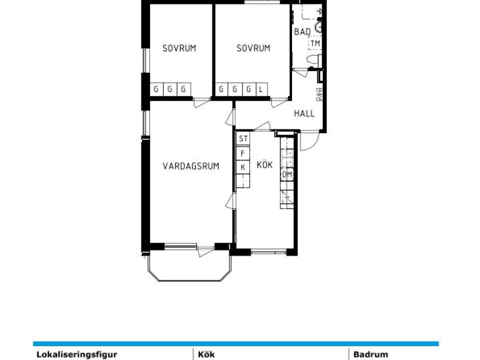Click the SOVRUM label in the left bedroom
pyautogui.click(x=179, y=49)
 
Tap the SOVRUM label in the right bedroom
pyautogui.click(x=253, y=49)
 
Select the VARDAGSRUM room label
pyautogui.click(x=191, y=166)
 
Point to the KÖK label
pyautogui.click(x=264, y=165)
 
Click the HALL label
pyautogui.click(x=304, y=114)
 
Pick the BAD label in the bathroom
pyautogui.click(x=302, y=32)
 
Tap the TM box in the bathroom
pyautogui.click(x=315, y=43)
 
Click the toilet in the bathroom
pyautogui.click(x=314, y=60)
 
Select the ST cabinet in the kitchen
pyautogui.click(x=243, y=139)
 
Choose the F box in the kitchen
pyautogui.click(x=243, y=153)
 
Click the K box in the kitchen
pyautogui.click(x=243, y=168)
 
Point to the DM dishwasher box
pyautogui.click(x=287, y=175)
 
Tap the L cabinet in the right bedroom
pyautogui.click(x=261, y=89)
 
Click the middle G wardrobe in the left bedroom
pyautogui.click(x=170, y=89)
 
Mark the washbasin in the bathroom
pyautogui.click(x=319, y=27)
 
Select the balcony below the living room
pyautogui.click(x=189, y=265)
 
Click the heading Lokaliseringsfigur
pyautogui.click(x=77, y=355)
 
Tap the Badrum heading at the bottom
pyautogui.click(x=371, y=355)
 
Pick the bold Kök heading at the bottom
pyautogui.click(x=206, y=355)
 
